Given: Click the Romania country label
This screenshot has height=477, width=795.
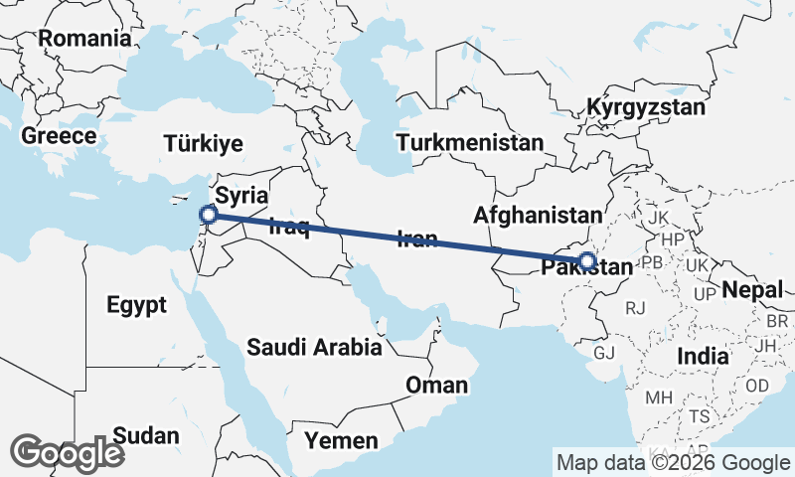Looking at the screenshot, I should (84, 39).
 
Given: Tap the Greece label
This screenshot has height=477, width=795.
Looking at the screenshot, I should (59, 136).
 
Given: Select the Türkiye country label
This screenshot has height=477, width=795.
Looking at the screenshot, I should (203, 144).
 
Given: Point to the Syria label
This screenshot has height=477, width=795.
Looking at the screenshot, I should (242, 194).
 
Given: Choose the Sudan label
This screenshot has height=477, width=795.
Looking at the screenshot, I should (146, 435).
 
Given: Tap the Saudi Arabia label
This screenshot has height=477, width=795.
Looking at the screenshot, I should (315, 348).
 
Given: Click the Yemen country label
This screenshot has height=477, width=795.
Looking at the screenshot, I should (341, 440).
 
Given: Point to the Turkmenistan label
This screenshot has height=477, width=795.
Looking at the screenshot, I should (469, 142).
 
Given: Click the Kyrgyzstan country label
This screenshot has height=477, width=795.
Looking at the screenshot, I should (645, 107).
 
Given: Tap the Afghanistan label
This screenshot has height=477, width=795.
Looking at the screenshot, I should (538, 215).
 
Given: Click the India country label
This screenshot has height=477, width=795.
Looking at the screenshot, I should (702, 356).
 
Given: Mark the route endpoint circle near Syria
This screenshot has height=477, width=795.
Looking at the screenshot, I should (209, 214).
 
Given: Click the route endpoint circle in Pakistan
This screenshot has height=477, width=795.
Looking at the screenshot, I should (587, 261).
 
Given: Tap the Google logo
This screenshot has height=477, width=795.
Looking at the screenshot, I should (67, 452).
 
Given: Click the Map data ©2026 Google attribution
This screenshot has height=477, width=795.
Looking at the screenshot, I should (673, 462).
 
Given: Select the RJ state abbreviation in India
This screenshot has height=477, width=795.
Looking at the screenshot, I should (635, 308).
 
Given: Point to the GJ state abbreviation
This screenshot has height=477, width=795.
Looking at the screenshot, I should (604, 353).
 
